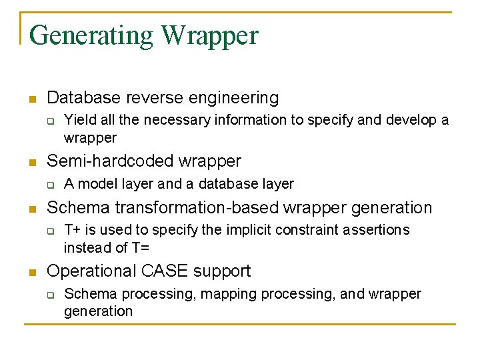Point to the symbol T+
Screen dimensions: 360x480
(x=72, y=230)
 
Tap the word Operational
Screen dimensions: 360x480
(x=91, y=271)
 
